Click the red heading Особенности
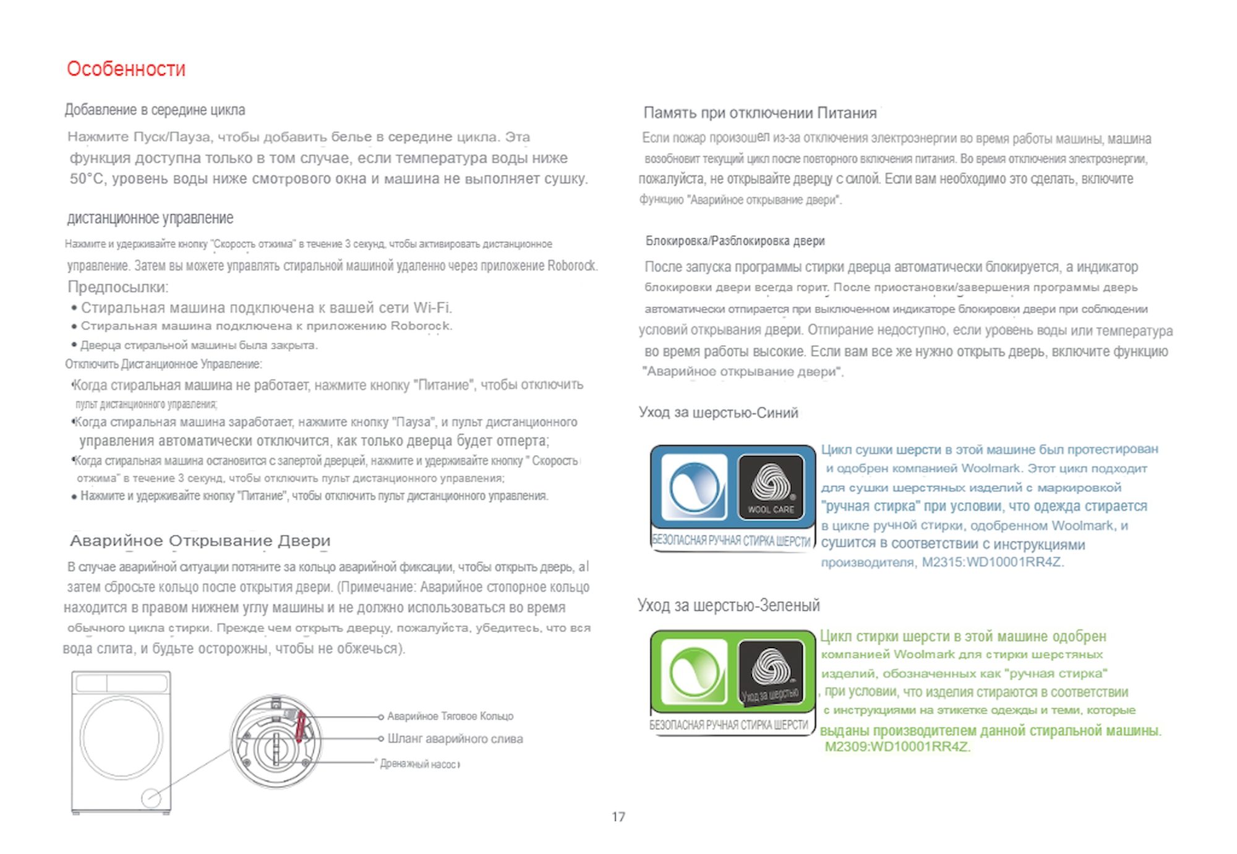[x=126, y=69]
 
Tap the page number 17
[x=618, y=817]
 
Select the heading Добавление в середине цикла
[x=155, y=110]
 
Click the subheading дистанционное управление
[x=150, y=218]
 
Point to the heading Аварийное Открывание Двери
[x=200, y=541]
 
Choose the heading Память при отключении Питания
[x=760, y=113]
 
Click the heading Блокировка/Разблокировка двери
[x=735, y=241]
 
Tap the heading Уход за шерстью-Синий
[x=718, y=412]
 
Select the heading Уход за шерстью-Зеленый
[x=728, y=605]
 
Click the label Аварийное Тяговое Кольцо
[x=450, y=716]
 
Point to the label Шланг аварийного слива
[x=455, y=739]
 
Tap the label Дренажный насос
[x=419, y=764]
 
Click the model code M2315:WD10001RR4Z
[x=992, y=563]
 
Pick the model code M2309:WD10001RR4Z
[x=897, y=747]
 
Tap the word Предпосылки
[x=118, y=287]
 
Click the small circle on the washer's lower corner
[x=151, y=798]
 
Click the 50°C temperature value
[x=86, y=179]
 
